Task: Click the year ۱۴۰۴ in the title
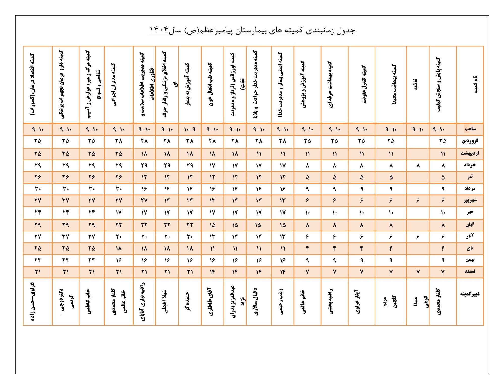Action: coord(159,30)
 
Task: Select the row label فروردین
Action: coord(470,141)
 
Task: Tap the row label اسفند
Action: coord(470,271)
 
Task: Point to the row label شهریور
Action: coord(470,201)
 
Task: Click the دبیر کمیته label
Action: coord(470,294)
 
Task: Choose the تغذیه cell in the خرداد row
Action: coord(418,166)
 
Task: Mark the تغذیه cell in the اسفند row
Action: coord(418,272)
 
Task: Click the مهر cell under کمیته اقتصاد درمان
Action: coord(38,213)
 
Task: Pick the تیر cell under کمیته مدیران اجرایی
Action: coord(119,177)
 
